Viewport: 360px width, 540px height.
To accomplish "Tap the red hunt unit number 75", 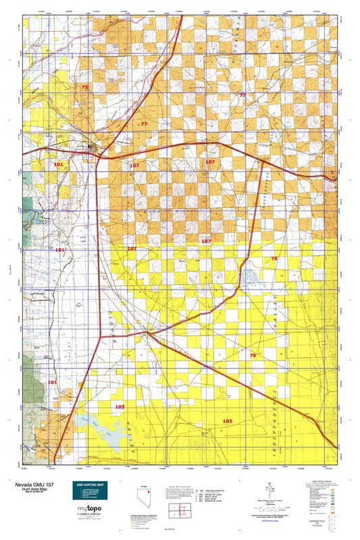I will tap(84, 88).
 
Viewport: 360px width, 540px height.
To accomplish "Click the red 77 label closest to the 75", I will tap(143, 124).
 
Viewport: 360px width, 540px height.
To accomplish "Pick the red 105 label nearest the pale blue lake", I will tap(120, 406).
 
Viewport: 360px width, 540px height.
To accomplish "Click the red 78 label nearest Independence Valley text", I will tap(253, 355).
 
